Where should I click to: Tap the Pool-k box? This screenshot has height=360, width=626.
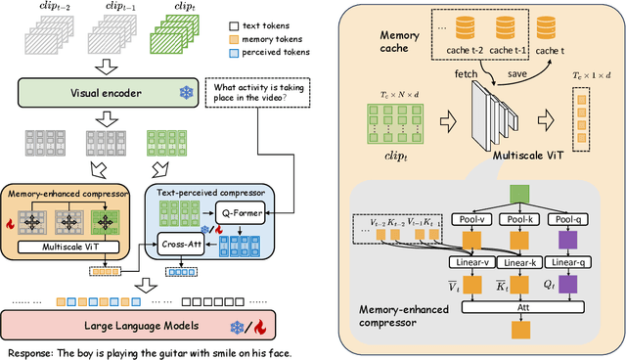(524, 220)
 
